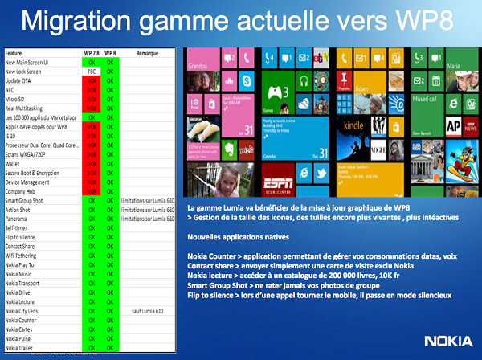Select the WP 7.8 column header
pos(91,52)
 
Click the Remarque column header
pos(146,52)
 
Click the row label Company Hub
pos(22,190)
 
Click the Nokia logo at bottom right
pos(445,341)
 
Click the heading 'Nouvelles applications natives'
pos(231,239)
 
